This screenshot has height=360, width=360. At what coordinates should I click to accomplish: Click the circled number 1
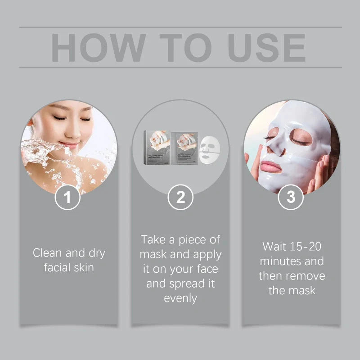click(68, 197)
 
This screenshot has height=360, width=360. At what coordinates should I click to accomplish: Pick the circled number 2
click(180, 197)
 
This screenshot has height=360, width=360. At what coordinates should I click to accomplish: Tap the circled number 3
click(291, 197)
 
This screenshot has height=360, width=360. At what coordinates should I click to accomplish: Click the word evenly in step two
click(180, 298)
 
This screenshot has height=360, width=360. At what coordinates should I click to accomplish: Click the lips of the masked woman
click(271, 166)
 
